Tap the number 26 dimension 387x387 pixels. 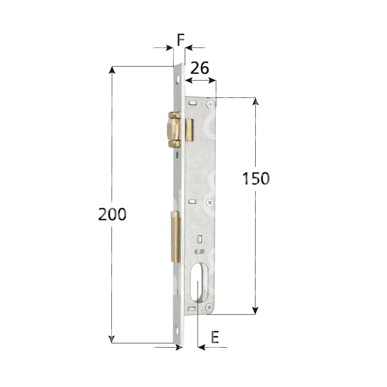[x=200, y=68]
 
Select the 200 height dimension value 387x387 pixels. [x=113, y=214]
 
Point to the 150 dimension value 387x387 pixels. [x=256, y=178]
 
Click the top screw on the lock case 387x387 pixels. [x=210, y=104]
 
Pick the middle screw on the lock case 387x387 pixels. [x=210, y=203]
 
